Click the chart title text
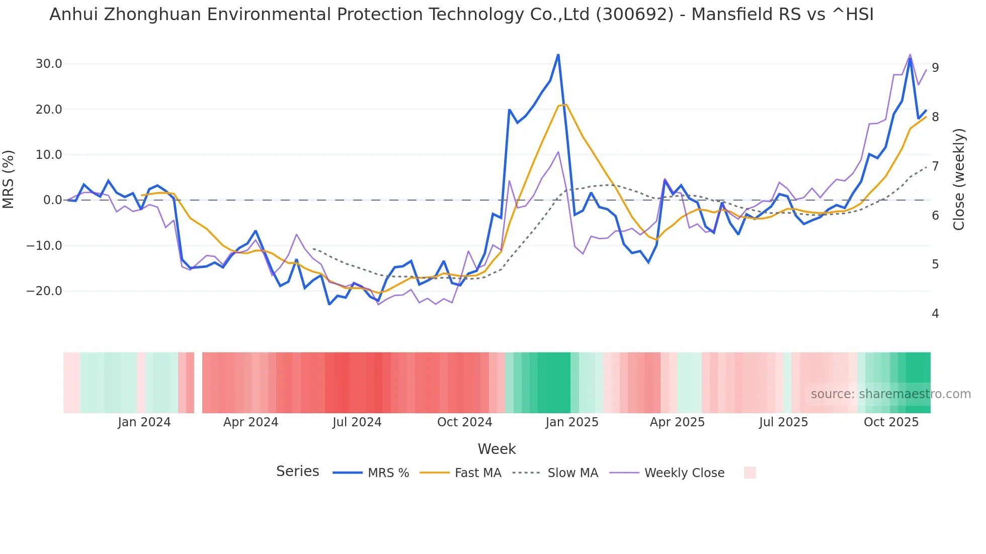[461, 15]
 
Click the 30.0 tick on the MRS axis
[48, 64]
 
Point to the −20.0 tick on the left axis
[44, 291]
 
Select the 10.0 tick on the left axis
[48, 155]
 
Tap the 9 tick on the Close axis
[935, 67]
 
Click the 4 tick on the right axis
[935, 314]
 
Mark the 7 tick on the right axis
[935, 166]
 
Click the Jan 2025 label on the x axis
[572, 422]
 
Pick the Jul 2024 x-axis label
[357, 422]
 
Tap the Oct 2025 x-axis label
[891, 422]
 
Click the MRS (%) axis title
[9, 179]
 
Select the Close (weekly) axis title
[959, 179]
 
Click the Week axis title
[497, 449]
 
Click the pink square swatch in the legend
[750, 473]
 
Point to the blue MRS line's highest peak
[558, 55]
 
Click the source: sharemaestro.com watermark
[890, 394]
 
